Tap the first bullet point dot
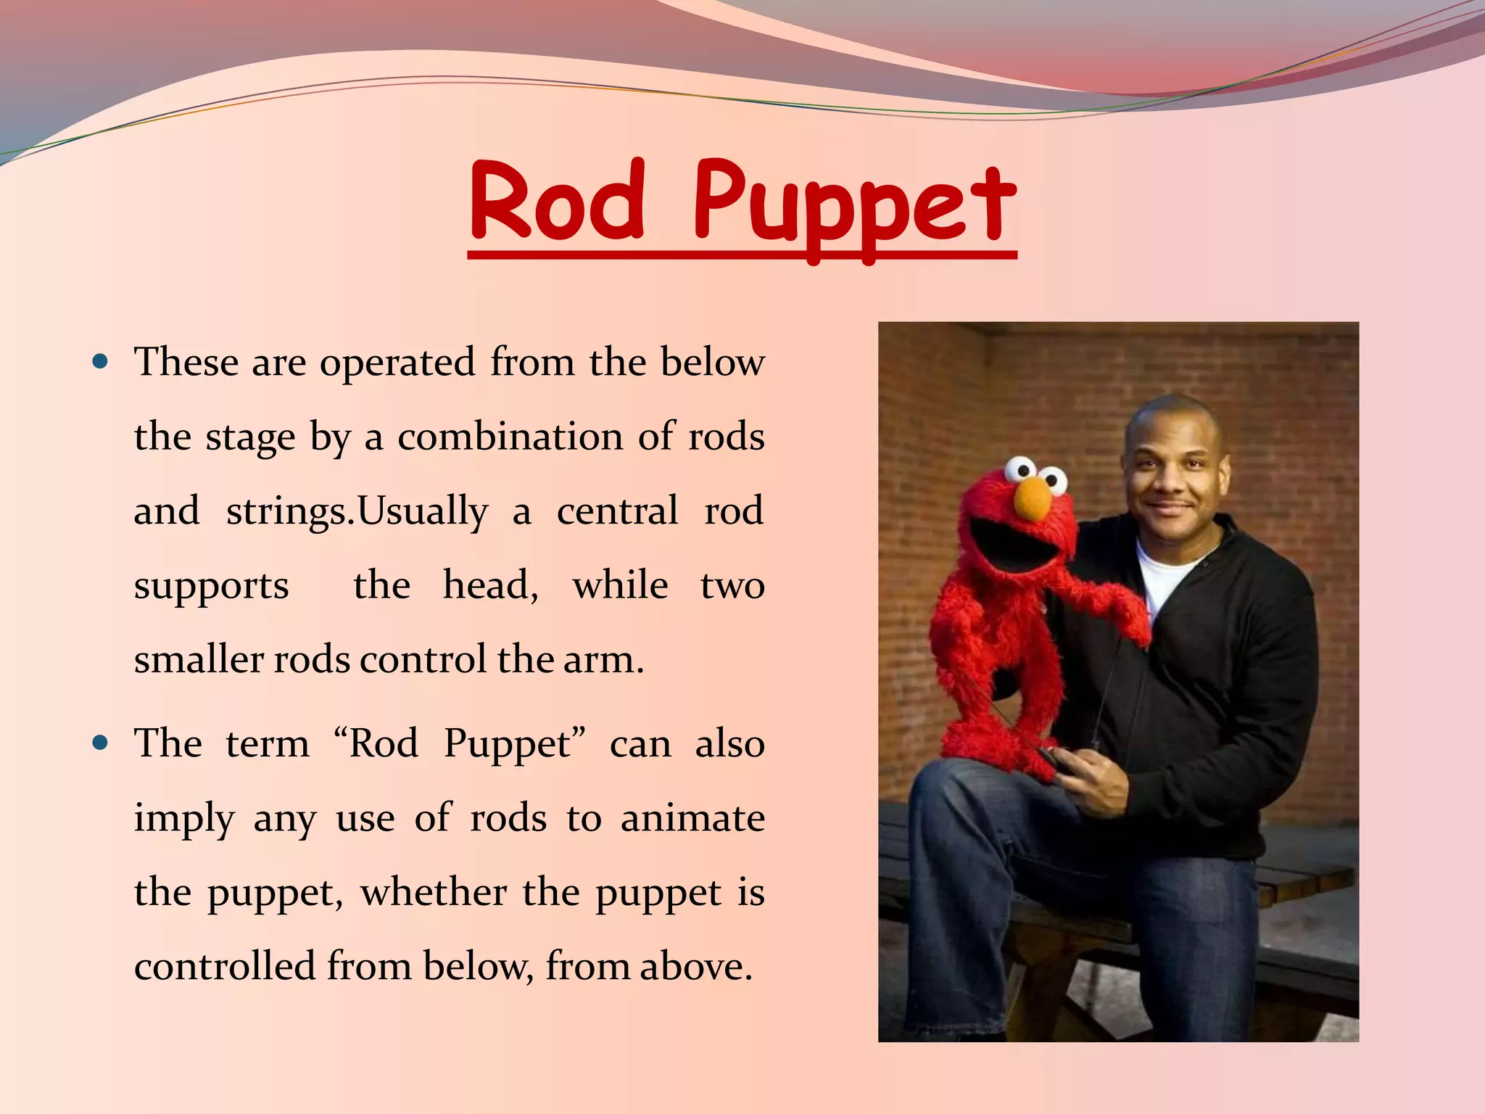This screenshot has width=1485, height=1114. tap(101, 361)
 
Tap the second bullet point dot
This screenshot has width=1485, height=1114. tap(101, 743)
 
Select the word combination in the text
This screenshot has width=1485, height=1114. tap(510, 437)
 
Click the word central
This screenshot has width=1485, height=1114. tap(617, 511)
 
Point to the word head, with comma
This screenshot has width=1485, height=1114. tap(491, 585)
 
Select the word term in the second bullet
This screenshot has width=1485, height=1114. tap(267, 743)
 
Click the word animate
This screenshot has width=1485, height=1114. tap(692, 818)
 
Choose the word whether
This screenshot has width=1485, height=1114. tap(434, 892)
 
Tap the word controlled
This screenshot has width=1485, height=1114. tap(225, 967)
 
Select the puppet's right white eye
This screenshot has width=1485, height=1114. tap(1051, 480)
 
